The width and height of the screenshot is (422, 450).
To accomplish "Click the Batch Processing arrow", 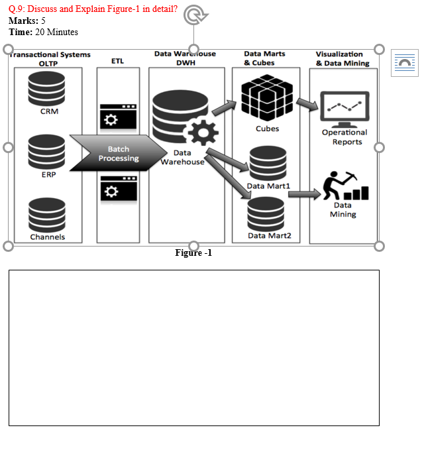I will click(x=116, y=153).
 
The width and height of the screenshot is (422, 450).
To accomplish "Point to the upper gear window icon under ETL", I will click(x=118, y=117).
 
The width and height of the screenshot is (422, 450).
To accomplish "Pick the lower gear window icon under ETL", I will click(x=118, y=188).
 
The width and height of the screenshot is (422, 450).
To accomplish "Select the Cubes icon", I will click(x=267, y=97).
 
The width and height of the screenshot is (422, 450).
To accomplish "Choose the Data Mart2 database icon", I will click(x=266, y=213).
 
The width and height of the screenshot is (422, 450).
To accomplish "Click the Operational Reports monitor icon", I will click(x=344, y=109).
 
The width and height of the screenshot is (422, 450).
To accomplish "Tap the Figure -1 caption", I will click(x=193, y=253).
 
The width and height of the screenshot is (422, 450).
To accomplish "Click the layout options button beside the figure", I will click(x=403, y=63).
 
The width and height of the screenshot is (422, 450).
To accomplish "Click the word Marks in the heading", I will click(x=23, y=21).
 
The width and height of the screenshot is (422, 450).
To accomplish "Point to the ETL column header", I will click(x=117, y=60).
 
